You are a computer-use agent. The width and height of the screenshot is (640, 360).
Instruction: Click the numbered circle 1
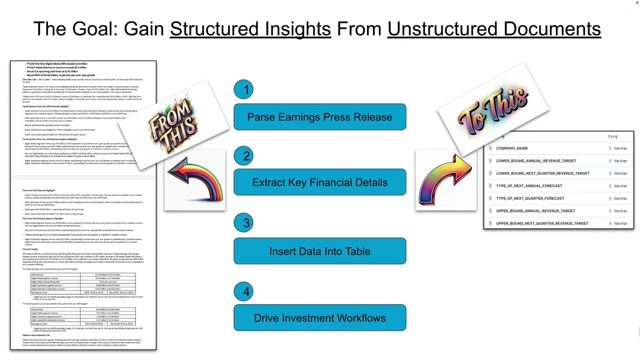(245, 90)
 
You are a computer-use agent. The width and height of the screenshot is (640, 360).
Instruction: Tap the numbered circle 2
(245, 156)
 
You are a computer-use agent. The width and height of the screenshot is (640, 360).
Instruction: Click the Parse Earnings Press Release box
(319, 117)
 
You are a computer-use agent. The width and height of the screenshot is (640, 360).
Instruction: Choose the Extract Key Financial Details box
(319, 182)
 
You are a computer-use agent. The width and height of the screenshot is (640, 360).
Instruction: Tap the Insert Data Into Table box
(319, 251)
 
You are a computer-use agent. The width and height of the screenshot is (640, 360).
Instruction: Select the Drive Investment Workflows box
(319, 318)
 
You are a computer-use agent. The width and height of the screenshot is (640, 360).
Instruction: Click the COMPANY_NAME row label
(512, 148)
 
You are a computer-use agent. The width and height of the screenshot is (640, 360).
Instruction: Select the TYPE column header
(612, 136)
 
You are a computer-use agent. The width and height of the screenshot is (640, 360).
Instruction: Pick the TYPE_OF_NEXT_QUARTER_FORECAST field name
(530, 198)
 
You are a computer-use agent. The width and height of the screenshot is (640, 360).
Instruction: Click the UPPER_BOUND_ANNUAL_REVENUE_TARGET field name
(535, 211)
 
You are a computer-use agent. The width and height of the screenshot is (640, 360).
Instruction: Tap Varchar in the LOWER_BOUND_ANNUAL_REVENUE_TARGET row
(620, 161)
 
